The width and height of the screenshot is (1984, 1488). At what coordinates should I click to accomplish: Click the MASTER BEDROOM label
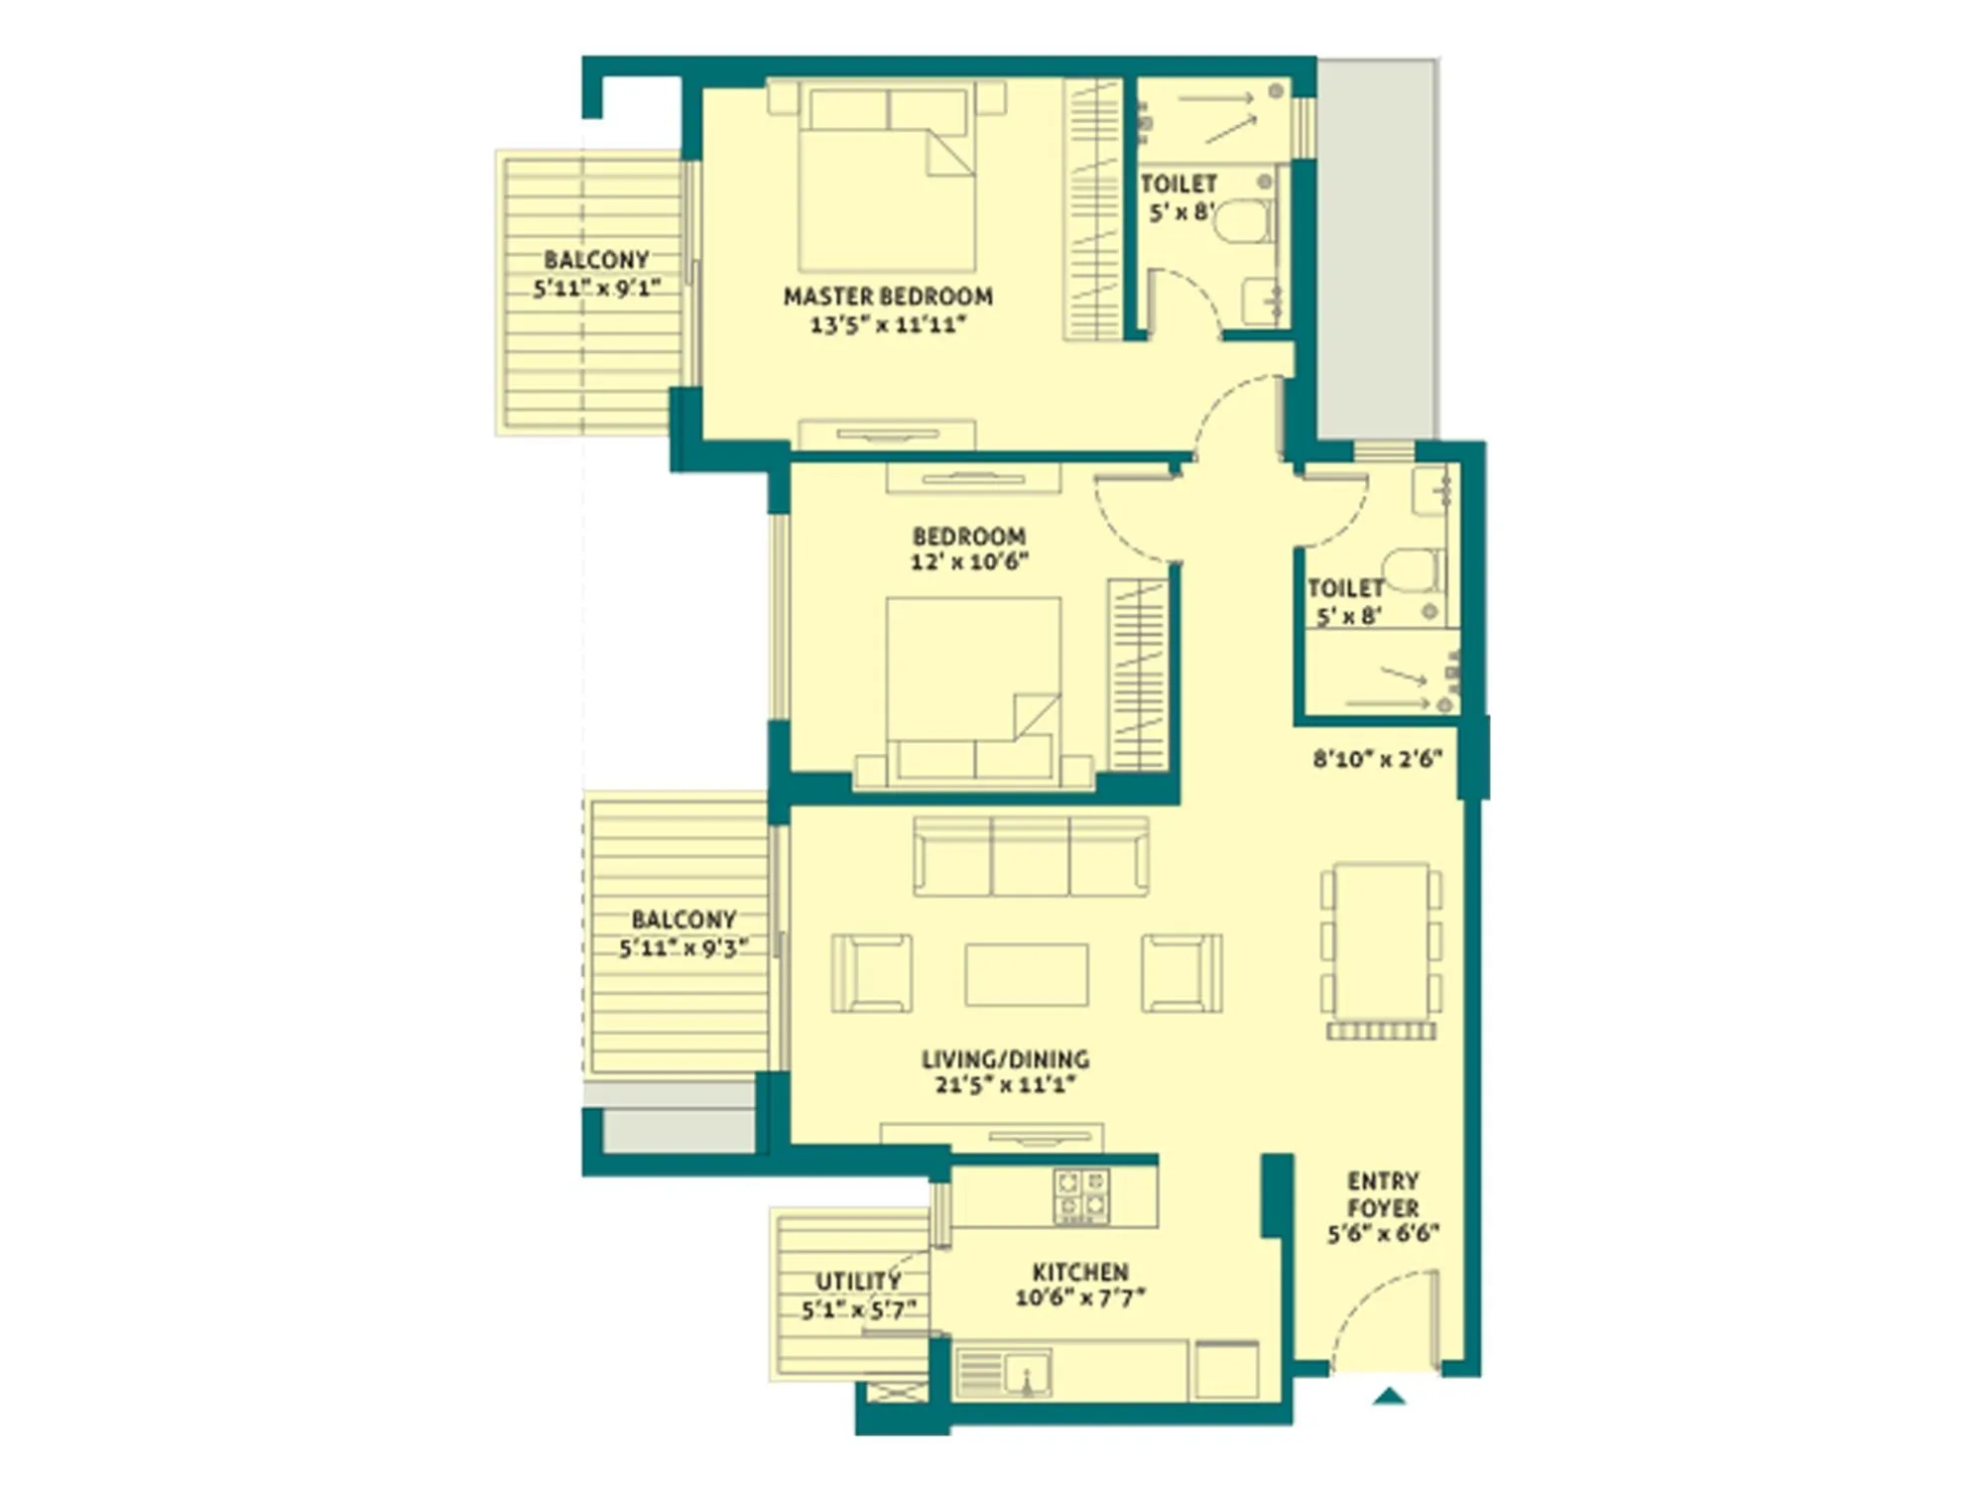[x=887, y=296]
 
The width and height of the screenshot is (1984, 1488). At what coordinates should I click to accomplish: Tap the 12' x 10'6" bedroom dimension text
[x=968, y=561]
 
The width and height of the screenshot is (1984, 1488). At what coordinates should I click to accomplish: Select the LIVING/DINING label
[x=1004, y=1058]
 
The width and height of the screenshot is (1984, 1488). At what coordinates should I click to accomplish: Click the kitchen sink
[x=1026, y=1374]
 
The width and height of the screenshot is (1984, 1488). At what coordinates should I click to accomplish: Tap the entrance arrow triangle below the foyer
[x=1389, y=1397]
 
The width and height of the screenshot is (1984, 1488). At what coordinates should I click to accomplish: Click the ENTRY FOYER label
[x=1382, y=1194]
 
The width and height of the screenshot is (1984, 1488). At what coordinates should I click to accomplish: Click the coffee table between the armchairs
[x=1026, y=974]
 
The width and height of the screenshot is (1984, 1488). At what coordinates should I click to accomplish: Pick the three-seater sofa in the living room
[x=1030, y=856]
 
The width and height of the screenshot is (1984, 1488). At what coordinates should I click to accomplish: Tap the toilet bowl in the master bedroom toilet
[x=1240, y=222]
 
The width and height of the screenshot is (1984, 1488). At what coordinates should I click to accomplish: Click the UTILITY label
[x=857, y=1281]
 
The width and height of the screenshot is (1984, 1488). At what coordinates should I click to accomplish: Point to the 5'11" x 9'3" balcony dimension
[x=682, y=948]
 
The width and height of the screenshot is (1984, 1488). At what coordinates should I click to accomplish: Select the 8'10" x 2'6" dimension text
[x=1377, y=759]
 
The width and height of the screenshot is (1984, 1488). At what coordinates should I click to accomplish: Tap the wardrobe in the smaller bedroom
[x=1138, y=675]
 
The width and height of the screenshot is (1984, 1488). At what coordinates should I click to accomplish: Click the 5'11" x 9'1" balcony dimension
[x=596, y=289]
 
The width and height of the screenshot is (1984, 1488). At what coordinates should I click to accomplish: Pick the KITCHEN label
[x=1079, y=1272]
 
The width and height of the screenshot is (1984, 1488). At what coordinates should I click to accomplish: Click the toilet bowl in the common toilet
[x=1411, y=570]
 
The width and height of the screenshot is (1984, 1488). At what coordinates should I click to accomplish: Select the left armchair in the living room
[x=871, y=973]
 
